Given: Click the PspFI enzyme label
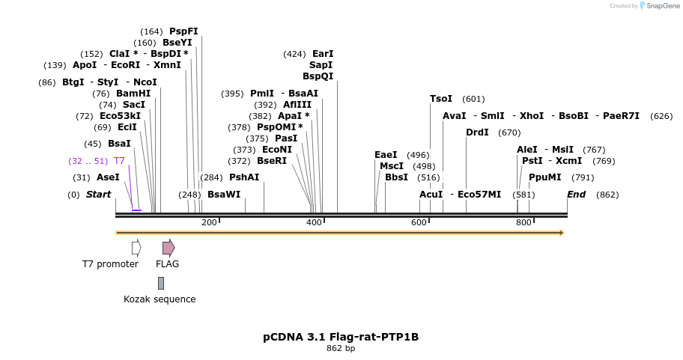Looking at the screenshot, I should (x=183, y=31).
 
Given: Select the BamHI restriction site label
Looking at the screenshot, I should (x=133, y=94).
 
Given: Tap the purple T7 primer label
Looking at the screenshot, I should (x=119, y=161).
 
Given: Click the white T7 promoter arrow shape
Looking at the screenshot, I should (x=136, y=247).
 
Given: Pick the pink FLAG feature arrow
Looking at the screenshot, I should (x=169, y=247).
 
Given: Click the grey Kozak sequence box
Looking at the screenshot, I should (x=160, y=283).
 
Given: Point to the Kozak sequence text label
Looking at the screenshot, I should (x=160, y=299).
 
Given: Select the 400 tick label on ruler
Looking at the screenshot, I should (x=314, y=222).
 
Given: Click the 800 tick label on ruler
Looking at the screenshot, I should (x=523, y=222).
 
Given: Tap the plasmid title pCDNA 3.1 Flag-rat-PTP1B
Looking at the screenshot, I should (x=341, y=337).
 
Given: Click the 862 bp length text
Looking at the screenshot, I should (x=341, y=348).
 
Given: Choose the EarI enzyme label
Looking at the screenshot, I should (x=323, y=54).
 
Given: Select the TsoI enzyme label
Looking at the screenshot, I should (x=441, y=99).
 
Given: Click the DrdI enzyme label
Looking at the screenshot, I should (x=477, y=132).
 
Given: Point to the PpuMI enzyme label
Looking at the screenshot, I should (x=544, y=177).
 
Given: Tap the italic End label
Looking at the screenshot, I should (x=576, y=195).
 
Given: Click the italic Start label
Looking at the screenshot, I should (x=98, y=195).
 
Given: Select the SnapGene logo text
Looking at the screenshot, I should (x=660, y=6).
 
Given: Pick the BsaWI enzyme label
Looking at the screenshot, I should (x=224, y=195).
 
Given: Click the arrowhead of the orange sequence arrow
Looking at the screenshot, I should (x=561, y=233).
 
